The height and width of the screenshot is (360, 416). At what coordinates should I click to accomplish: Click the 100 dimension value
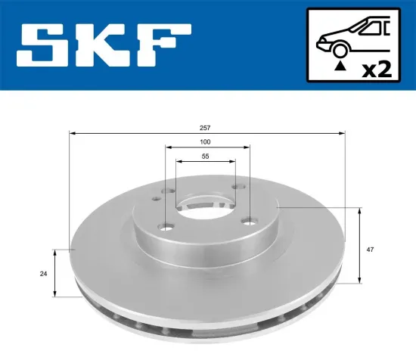point(206,142)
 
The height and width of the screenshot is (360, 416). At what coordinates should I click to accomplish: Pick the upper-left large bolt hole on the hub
point(169,191)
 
